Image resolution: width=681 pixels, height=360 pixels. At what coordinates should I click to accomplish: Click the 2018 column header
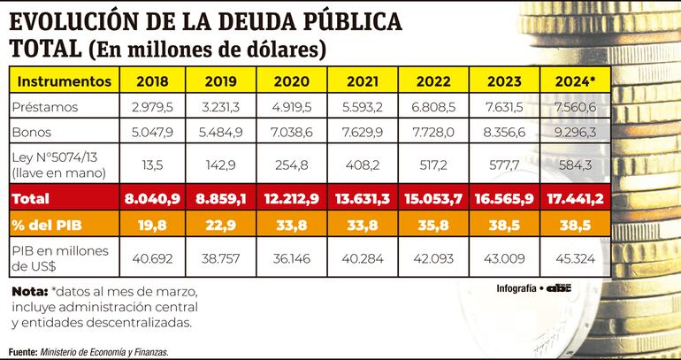[153, 81]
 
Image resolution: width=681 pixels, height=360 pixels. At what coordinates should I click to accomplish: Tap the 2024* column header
[576, 81]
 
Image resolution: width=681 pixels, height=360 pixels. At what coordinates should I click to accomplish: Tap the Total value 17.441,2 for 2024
[576, 198]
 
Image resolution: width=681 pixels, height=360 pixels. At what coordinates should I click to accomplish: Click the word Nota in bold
[29, 292]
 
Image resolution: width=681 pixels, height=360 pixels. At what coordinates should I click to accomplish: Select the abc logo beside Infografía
[559, 288]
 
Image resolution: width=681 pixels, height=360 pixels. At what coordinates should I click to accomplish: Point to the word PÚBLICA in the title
[346, 22]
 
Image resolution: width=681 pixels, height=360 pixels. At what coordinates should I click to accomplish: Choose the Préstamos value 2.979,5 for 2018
[153, 108]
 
